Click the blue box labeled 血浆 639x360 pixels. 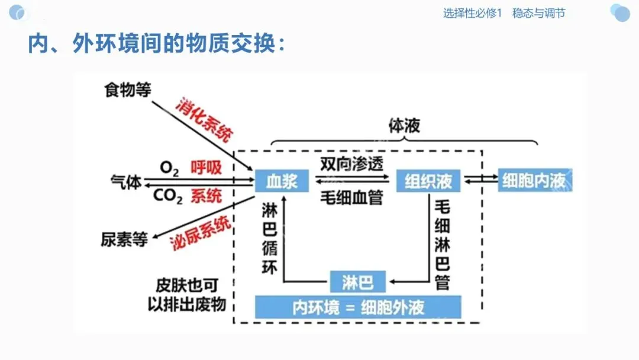[282, 181]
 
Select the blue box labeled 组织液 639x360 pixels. [428, 181]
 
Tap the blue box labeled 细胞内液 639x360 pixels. [534, 181]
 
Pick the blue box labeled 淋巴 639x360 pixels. [357, 282]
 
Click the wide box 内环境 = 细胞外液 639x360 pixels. [358, 307]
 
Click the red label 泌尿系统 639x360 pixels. [201, 233]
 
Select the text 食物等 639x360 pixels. [128, 90]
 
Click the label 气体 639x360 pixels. [126, 182]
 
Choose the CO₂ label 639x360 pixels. [168, 196]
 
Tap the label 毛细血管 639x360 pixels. [351, 197]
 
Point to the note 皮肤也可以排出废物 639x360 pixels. [186, 294]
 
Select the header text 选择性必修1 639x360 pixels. [472, 13]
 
